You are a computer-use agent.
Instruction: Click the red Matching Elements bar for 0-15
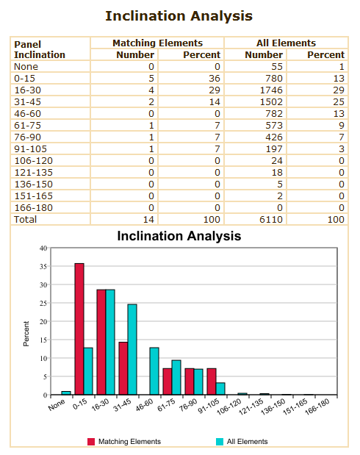tap(79, 329)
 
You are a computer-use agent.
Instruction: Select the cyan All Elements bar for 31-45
tap(132, 350)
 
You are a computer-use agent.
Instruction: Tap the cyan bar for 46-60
tap(154, 371)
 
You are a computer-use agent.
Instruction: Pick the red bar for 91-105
tap(212, 381)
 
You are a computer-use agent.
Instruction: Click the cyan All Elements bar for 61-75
tap(176, 378)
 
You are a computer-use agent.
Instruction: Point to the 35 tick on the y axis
tap(43, 266)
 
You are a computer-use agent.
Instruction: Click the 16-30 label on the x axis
tap(100, 404)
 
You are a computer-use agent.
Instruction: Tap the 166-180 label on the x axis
tap(317, 406)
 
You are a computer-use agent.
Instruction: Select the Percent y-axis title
tap(26, 334)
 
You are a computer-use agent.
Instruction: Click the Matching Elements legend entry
tap(124, 441)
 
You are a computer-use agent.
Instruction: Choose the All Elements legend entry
tap(242, 441)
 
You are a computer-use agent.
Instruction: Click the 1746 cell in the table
tap(271, 90)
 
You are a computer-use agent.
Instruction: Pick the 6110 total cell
tap(271, 219)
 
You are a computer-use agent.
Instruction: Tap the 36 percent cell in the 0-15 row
tap(215, 79)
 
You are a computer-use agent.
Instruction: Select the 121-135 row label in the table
tap(33, 172)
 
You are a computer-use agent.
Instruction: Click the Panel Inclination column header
tap(40, 50)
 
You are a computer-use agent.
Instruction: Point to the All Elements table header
tap(286, 43)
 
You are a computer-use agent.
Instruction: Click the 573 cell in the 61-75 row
tap(274, 126)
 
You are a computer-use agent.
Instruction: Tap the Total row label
tap(25, 219)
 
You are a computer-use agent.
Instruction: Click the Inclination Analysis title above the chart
tap(179, 236)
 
